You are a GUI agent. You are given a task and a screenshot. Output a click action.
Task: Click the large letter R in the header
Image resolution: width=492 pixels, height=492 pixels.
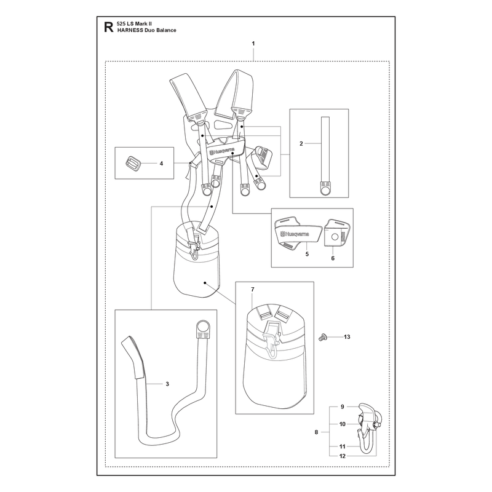[109, 27]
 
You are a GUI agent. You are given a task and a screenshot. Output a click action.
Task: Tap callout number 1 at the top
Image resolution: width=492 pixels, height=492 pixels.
[253, 44]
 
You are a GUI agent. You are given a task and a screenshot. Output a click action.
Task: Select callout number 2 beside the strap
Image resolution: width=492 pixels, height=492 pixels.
[301, 143]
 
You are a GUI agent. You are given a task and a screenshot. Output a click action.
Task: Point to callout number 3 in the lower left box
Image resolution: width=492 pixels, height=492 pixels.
[167, 384]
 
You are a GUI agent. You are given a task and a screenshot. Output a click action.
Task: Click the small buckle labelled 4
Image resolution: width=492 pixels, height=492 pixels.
[132, 163]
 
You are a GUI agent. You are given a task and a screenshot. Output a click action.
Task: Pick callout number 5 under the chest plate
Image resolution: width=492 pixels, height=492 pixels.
[307, 254]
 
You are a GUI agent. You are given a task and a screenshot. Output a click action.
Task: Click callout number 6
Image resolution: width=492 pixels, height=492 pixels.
[333, 258]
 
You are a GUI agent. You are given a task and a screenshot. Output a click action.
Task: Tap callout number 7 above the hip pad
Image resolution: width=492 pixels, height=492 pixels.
[253, 289]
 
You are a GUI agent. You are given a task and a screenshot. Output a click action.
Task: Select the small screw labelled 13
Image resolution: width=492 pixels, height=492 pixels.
[322, 337]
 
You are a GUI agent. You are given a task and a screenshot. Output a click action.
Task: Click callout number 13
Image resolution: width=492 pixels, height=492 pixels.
[347, 336]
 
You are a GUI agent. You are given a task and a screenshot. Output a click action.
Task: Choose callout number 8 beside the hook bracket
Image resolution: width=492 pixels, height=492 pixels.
[316, 432]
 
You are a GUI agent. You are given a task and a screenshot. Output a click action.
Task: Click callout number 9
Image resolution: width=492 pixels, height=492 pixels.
[343, 407]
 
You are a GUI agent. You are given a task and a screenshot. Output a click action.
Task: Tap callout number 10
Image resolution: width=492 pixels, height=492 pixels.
[343, 424]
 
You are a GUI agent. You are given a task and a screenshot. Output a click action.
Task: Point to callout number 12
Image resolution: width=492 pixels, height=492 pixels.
[343, 456]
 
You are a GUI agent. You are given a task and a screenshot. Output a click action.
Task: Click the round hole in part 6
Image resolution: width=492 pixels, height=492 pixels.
[335, 237]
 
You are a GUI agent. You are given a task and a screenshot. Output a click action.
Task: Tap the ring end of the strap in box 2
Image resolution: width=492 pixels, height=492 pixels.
[325, 189]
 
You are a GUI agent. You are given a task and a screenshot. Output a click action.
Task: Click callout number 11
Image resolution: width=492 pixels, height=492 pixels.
[343, 446]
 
